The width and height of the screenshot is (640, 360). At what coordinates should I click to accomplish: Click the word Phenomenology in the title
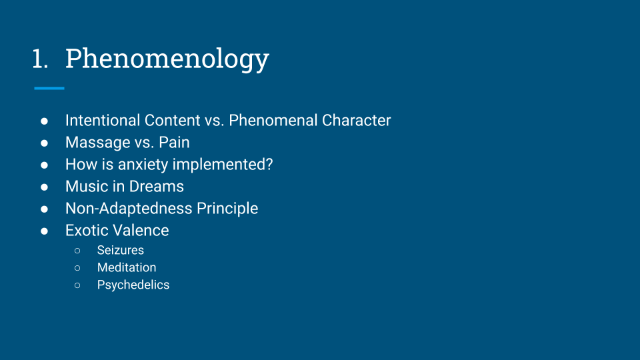[167, 59]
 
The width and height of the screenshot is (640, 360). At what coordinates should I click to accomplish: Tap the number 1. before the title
[40, 59]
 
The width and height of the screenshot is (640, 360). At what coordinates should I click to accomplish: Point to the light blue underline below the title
[49, 88]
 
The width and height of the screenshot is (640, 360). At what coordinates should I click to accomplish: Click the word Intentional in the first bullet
[103, 121]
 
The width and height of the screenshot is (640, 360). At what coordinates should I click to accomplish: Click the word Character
[356, 121]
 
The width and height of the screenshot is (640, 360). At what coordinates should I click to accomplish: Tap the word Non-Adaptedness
[129, 209]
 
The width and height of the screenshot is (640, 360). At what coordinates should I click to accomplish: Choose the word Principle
[227, 209]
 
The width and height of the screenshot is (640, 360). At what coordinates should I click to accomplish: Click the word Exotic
[86, 231]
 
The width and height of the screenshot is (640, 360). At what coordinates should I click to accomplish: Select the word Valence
[140, 231]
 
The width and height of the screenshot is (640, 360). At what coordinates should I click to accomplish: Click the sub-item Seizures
[121, 250]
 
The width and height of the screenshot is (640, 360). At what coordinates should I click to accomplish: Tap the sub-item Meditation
[127, 268]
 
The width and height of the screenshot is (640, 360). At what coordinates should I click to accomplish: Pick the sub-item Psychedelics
[133, 285]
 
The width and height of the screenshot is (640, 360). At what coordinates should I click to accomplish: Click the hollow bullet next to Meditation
[77, 268]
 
